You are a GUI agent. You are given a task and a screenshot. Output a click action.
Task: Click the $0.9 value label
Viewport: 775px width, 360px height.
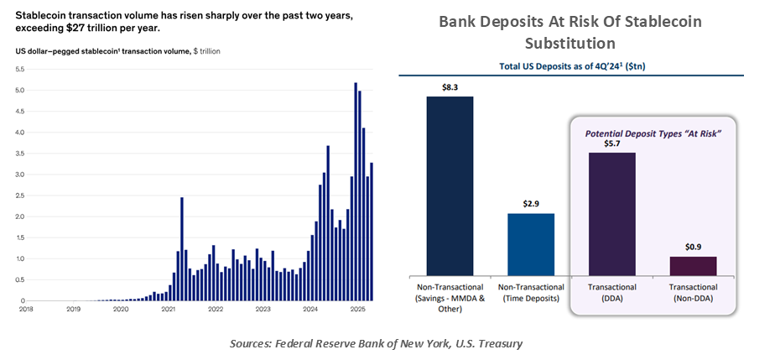692,246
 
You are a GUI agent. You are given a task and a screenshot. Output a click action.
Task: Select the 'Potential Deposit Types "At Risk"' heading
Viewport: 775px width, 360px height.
653,132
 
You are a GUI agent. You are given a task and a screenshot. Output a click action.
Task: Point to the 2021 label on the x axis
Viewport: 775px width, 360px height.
168,310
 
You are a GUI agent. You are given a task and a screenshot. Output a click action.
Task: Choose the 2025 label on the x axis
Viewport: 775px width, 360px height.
357,310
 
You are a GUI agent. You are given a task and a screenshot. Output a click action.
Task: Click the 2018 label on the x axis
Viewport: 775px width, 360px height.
26,310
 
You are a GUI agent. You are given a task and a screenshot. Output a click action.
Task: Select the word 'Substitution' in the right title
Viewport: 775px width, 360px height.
570,42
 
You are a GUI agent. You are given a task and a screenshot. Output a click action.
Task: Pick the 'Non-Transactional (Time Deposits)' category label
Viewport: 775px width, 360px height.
531,292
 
